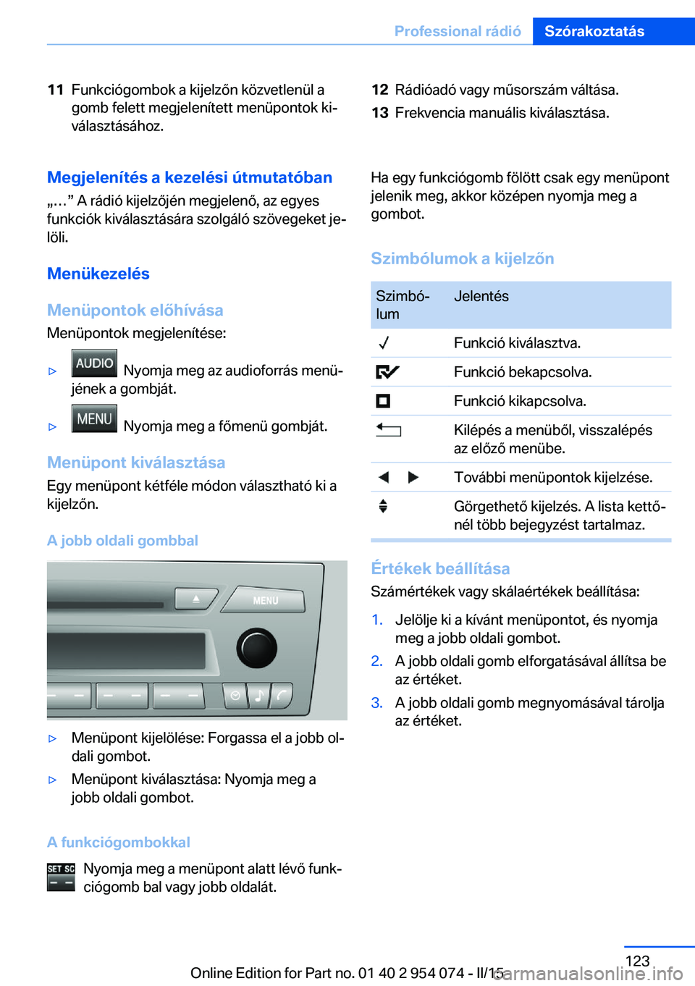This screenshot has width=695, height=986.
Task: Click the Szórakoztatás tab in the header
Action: point(594,31)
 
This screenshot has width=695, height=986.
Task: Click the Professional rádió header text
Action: point(458,31)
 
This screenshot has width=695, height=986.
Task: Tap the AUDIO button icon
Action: point(94,363)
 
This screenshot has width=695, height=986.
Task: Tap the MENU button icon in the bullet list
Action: point(94,419)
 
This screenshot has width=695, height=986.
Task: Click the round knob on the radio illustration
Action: point(256,647)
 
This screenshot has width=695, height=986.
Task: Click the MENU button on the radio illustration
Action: point(264,600)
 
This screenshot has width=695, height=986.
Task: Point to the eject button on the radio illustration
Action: point(195,599)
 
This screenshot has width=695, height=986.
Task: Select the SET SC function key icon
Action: point(61,877)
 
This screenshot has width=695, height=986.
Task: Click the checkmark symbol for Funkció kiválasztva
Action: point(384,343)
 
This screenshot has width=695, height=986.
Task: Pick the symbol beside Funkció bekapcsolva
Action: point(387,372)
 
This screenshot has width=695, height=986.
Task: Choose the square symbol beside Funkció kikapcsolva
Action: point(383,401)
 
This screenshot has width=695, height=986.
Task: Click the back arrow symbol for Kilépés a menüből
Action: point(388,430)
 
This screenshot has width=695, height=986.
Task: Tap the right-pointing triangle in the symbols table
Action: point(413,477)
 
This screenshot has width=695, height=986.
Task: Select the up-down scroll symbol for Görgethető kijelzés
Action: point(383,506)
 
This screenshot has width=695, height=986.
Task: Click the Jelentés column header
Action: point(481,296)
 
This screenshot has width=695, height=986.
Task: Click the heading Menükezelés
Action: point(98,274)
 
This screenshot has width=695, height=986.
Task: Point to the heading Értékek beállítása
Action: point(440,568)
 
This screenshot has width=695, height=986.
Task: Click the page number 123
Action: point(637,961)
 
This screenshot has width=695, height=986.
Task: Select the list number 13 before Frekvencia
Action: point(380,113)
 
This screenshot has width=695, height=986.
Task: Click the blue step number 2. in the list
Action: point(376,661)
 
